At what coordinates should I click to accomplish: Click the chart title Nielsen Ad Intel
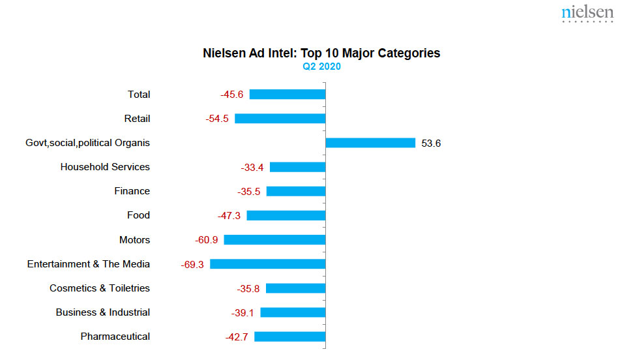[321, 53]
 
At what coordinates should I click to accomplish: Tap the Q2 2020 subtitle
[321, 67]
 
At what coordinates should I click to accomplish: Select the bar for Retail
[280, 119]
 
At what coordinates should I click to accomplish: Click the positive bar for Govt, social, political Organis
[370, 143]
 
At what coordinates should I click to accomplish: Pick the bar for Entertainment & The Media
[267, 264]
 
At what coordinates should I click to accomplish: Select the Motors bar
[274, 240]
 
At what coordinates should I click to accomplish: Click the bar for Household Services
[297, 167]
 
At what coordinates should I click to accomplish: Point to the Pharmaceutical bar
[289, 337]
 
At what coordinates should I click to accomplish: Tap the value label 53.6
[431, 143]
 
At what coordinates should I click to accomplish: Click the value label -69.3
[192, 265]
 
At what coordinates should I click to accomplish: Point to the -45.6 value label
[231, 95]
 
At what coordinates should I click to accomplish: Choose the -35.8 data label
[248, 289]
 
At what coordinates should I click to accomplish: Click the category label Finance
[132, 191]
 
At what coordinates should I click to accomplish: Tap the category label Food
[138, 215]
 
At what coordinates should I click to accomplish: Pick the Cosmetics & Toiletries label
[100, 288]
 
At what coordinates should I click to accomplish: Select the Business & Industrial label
[103, 312]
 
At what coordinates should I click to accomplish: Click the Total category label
[139, 95]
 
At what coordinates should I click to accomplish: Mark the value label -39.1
[243, 313]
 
